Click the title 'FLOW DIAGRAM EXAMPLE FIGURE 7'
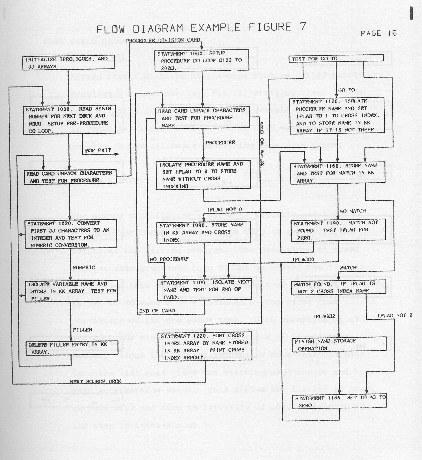coord(201,28)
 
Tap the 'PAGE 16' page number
coord(378,33)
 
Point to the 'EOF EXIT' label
coord(98,151)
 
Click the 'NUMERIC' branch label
coord(84,267)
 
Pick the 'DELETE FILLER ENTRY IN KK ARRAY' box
coord(71,348)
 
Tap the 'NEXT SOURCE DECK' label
coord(95,382)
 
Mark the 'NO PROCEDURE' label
coord(169,259)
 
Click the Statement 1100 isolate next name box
coord(204,290)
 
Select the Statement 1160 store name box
coord(338,173)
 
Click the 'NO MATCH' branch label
coord(353,211)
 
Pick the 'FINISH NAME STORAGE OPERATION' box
coord(339,344)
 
